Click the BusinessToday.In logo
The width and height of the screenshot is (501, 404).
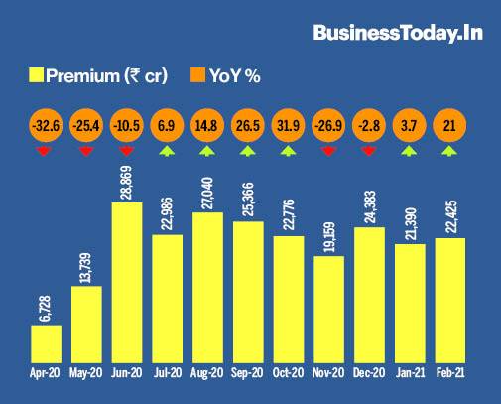398,34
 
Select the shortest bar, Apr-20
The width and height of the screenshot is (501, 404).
46,342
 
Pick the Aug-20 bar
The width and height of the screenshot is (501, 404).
208,286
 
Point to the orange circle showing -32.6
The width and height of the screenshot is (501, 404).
43,127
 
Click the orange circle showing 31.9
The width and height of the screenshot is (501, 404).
288,127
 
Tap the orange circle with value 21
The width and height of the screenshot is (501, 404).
450,127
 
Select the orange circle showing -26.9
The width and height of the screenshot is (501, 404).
328,127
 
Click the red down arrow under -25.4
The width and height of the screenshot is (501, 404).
84,152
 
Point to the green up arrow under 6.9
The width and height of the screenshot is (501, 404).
166,152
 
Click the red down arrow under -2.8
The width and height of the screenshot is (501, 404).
369,152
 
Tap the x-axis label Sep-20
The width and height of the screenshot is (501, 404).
248,374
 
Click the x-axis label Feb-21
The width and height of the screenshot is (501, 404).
450,374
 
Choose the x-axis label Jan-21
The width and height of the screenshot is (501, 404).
410,374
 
